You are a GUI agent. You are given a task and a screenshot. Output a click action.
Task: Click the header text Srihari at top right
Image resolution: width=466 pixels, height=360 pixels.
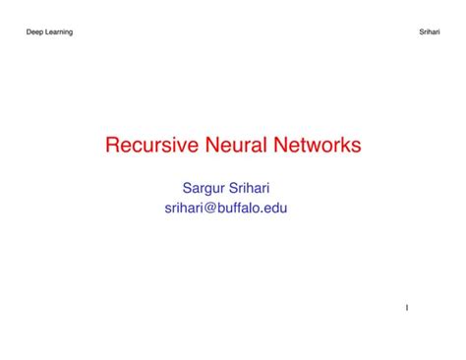(430, 32)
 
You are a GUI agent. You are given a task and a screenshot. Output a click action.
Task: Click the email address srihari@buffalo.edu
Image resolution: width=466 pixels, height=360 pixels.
(232, 208)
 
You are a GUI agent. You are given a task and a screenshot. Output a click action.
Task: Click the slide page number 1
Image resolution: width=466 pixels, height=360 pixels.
(407, 308)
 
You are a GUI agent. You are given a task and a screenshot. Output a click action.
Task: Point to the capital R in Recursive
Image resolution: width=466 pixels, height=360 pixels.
(112, 147)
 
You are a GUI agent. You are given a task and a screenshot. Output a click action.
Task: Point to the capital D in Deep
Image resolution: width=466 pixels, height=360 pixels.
(29, 32)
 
